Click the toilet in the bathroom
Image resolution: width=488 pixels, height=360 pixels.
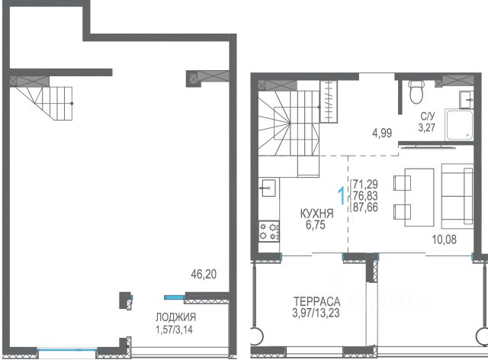[416, 92]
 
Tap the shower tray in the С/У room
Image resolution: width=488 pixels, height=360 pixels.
[459, 125]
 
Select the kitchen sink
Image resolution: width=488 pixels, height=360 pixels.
[268, 188]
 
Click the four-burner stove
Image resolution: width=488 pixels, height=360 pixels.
[269, 231]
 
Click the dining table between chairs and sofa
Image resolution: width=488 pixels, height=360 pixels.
[419, 198]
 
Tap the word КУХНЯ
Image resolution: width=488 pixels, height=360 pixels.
[317, 214]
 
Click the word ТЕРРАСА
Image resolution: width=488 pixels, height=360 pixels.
[317, 301]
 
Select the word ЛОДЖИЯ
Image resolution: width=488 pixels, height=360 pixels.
[176, 317]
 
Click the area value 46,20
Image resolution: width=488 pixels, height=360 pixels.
[204, 275]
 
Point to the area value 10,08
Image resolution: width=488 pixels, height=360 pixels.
[444, 239]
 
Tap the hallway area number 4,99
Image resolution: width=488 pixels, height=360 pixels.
[382, 133]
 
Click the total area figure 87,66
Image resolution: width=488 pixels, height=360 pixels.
[365, 207]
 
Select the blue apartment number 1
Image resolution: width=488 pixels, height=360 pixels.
[342, 195]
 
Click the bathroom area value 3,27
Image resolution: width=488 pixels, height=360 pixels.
[427, 127]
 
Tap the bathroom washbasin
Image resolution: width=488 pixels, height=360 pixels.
[467, 100]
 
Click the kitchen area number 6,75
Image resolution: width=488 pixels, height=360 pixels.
[315, 224]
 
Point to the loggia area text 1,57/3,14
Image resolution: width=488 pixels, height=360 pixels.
[174, 329]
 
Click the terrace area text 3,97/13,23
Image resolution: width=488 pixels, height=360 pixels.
[316, 313]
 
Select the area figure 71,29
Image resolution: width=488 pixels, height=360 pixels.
[365, 184]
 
